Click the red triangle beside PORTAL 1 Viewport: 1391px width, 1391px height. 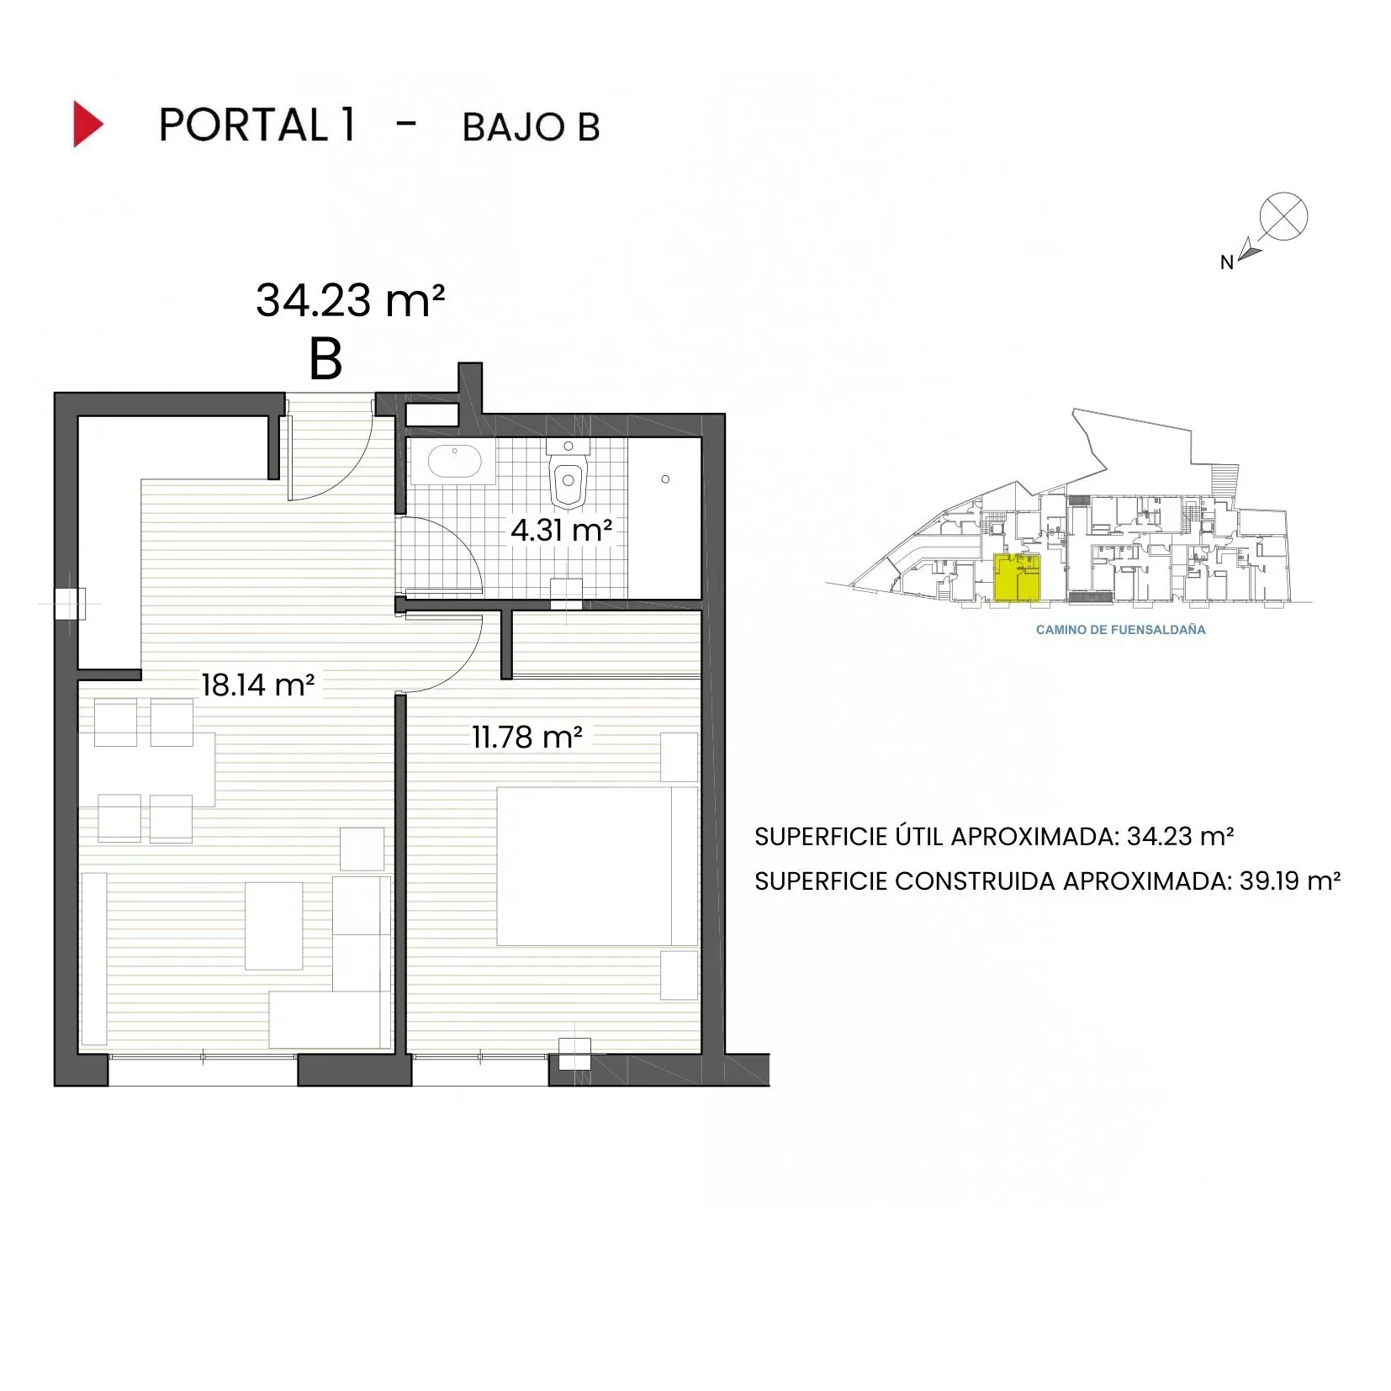(x=87, y=124)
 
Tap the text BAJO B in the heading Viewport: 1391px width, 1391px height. (x=531, y=128)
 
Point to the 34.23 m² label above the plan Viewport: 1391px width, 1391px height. (x=350, y=300)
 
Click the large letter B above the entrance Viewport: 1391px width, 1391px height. (x=325, y=359)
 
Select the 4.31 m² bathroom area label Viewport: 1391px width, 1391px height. (x=561, y=530)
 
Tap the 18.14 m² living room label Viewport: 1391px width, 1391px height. (x=257, y=685)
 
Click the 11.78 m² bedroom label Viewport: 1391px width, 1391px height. (x=526, y=737)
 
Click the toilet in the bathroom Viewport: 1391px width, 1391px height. (x=569, y=478)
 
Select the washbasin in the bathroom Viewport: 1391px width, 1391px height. (x=455, y=462)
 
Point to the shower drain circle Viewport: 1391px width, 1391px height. (x=665, y=479)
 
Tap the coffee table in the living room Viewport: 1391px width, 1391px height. (x=273, y=925)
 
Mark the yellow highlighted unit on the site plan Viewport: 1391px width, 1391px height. (x=1017, y=577)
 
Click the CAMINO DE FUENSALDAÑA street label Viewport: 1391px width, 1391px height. (x=1120, y=629)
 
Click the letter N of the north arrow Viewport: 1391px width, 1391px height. (x=1226, y=262)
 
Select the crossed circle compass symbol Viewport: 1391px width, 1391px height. (x=1283, y=216)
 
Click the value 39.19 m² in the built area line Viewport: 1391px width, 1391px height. (x=1289, y=881)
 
